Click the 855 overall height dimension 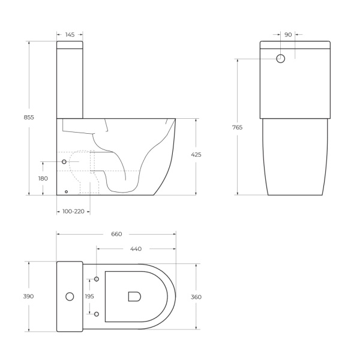click(29, 118)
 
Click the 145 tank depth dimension click(70, 35)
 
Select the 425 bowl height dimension click(196, 155)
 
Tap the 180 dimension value click(43, 179)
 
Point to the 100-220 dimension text click(73, 211)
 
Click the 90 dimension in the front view click(288, 35)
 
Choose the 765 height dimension click(238, 127)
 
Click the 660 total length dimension click(116, 234)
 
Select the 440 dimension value click(136, 248)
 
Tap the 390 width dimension click(29, 296)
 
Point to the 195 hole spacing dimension click(89, 296)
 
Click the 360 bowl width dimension click(196, 296)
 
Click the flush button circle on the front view click(281, 59)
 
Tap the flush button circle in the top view click(70, 296)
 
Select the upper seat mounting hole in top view click(96, 280)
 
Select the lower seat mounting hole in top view click(96, 313)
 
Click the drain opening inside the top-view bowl click(134, 296)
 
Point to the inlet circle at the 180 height click(64, 162)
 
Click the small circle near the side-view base click(66, 192)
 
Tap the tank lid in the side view click(70, 44)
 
